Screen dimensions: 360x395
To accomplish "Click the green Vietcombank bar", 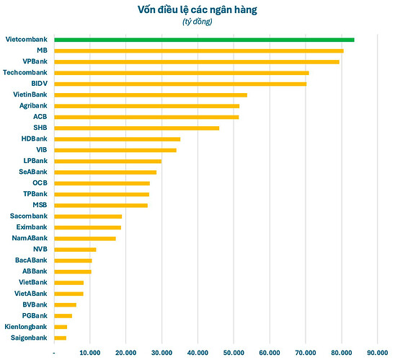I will (x=204, y=40).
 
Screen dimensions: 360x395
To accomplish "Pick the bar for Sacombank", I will (x=88, y=216).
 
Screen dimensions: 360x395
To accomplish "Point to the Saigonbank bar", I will (x=61, y=338).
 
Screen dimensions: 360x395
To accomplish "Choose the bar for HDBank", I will (x=117, y=139).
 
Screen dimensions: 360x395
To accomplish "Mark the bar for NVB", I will (x=75, y=250).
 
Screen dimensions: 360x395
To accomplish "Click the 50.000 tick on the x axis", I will (x=233, y=352).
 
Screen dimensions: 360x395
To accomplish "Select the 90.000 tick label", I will (x=377, y=352).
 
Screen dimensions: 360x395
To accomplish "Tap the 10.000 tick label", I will (x=89, y=352).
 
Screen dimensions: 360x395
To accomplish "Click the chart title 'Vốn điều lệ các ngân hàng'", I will (x=197, y=9).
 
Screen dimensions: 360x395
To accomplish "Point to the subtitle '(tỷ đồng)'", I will (x=197, y=22).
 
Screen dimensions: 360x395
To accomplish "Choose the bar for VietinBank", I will (x=151, y=95).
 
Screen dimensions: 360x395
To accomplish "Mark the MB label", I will (x=42, y=51).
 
